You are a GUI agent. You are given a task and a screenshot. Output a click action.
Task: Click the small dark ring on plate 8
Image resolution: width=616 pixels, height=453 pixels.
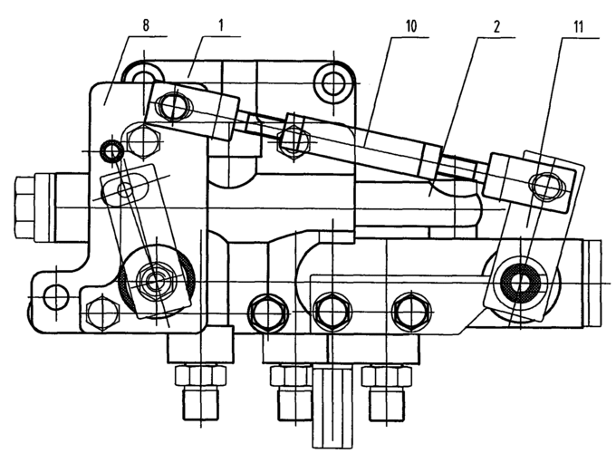click(111, 150)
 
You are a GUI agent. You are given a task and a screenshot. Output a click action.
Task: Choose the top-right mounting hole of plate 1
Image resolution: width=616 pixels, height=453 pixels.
click(332, 83)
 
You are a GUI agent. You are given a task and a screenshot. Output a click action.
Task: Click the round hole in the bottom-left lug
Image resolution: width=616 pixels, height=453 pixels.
click(55, 296)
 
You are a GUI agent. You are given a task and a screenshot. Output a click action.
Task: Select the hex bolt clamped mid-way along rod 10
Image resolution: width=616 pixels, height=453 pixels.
click(290, 139)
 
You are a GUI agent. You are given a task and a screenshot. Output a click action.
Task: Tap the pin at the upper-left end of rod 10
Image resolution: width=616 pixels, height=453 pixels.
click(173, 108)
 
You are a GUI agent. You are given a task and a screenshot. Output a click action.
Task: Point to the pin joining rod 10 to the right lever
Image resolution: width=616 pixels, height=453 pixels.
click(546, 185)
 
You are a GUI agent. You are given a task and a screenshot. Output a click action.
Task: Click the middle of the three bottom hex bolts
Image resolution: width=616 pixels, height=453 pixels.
click(332, 311)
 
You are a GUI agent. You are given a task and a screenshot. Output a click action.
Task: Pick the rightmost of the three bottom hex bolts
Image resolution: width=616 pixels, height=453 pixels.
click(408, 311)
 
